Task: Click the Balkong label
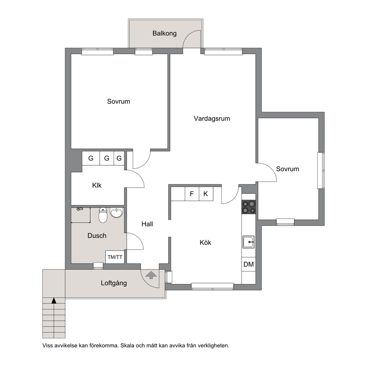(164, 33)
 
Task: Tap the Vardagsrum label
(212, 118)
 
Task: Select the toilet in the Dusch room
(103, 215)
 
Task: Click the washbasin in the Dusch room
(116, 213)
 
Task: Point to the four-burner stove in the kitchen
(249, 207)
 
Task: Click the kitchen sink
(248, 242)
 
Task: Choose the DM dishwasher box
(249, 264)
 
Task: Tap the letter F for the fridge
(192, 193)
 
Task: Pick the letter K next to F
(206, 193)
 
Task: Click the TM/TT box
(115, 257)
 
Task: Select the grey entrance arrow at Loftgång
(151, 275)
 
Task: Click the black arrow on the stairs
(54, 300)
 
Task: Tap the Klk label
(97, 185)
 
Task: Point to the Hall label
(147, 224)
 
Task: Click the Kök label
(205, 242)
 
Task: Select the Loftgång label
(114, 283)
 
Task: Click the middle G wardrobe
(107, 158)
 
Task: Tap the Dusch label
(97, 235)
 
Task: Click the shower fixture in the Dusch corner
(80, 209)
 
